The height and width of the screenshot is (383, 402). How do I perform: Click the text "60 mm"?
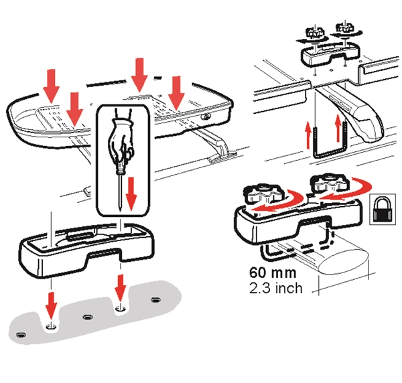point(273,273)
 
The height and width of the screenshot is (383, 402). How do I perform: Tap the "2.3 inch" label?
point(276,288)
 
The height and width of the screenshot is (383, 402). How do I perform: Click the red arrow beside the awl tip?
point(131,193)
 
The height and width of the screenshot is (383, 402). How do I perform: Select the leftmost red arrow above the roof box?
point(52,86)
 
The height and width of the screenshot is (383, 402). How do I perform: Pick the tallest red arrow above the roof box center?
point(139,75)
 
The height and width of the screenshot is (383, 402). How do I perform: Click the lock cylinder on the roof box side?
point(205,117)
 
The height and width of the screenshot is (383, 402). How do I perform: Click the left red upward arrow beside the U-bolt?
point(308,135)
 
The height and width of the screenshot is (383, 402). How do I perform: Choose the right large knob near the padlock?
point(330,182)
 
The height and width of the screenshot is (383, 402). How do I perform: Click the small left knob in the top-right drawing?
point(315,32)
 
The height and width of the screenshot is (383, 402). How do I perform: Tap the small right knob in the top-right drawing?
point(345,28)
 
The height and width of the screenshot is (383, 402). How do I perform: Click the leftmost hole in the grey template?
point(21,335)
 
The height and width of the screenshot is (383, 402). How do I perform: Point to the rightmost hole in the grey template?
point(155,299)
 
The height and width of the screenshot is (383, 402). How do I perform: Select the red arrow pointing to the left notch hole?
point(52,306)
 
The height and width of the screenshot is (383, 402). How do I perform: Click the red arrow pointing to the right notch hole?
point(120,288)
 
